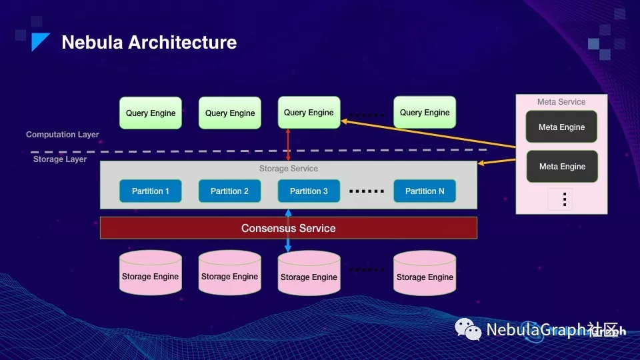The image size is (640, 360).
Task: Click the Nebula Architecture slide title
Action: coord(149,43)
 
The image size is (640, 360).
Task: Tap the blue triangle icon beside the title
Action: coord(40,42)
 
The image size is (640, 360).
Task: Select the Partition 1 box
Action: coord(151,191)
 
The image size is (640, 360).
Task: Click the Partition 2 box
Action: coord(229,191)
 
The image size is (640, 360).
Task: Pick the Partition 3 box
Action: coord(309,191)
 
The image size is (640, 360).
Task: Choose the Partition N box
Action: coord(425,191)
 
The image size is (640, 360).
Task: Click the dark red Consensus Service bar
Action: coord(288,228)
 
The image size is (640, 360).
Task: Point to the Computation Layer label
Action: coord(63,135)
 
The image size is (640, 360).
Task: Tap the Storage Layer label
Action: coord(60,159)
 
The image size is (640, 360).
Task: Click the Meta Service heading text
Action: coord(561,102)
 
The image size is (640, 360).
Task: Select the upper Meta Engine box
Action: coord(561,127)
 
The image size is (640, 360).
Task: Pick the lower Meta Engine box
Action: coord(561,167)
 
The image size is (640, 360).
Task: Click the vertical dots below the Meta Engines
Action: coord(563,199)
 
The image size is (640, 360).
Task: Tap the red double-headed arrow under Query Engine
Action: coord(288,145)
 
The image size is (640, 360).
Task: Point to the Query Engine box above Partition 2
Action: coord(230,113)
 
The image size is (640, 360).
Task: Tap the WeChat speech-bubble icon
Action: coord(468,329)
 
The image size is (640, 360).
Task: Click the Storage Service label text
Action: coord(288,169)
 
